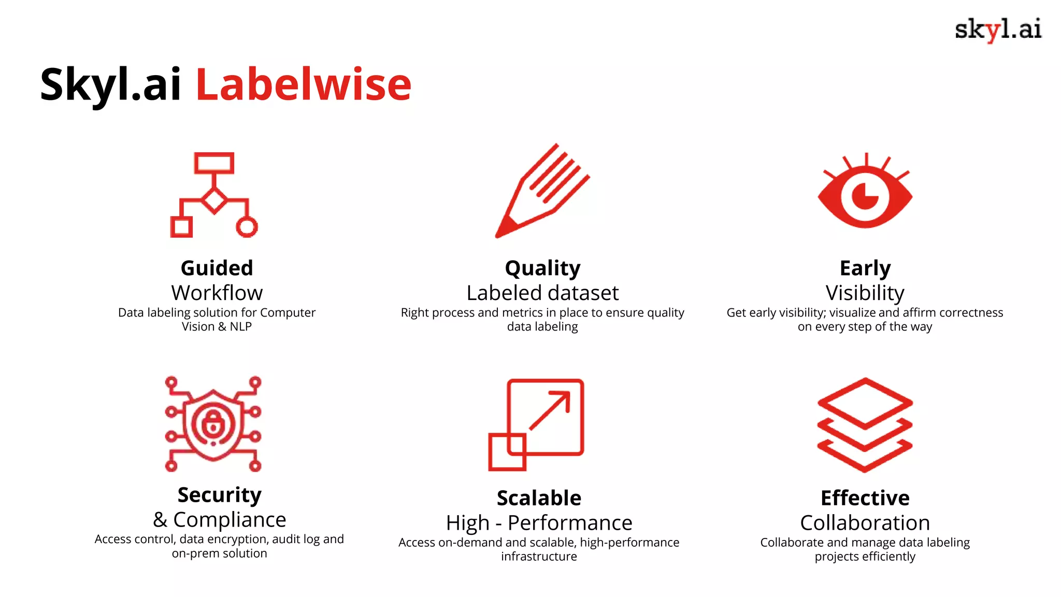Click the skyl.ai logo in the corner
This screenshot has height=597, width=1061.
998,30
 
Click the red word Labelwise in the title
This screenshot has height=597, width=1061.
304,84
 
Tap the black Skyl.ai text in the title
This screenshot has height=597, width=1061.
110,84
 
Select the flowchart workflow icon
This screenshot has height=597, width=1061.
214,195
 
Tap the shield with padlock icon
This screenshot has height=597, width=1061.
213,424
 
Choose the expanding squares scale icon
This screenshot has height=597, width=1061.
536,424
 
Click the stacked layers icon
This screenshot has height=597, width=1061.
865,424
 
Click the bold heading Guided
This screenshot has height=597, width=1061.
217,268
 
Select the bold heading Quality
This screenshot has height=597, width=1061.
542,268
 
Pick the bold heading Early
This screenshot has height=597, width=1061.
865,268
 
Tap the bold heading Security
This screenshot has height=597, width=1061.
219,495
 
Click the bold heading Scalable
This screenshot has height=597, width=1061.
539,498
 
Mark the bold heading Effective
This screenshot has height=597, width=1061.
865,498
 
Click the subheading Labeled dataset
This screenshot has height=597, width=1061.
542,293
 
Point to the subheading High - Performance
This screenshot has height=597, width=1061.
539,523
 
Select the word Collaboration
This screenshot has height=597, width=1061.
865,523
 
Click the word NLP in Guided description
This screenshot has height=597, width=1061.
241,327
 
